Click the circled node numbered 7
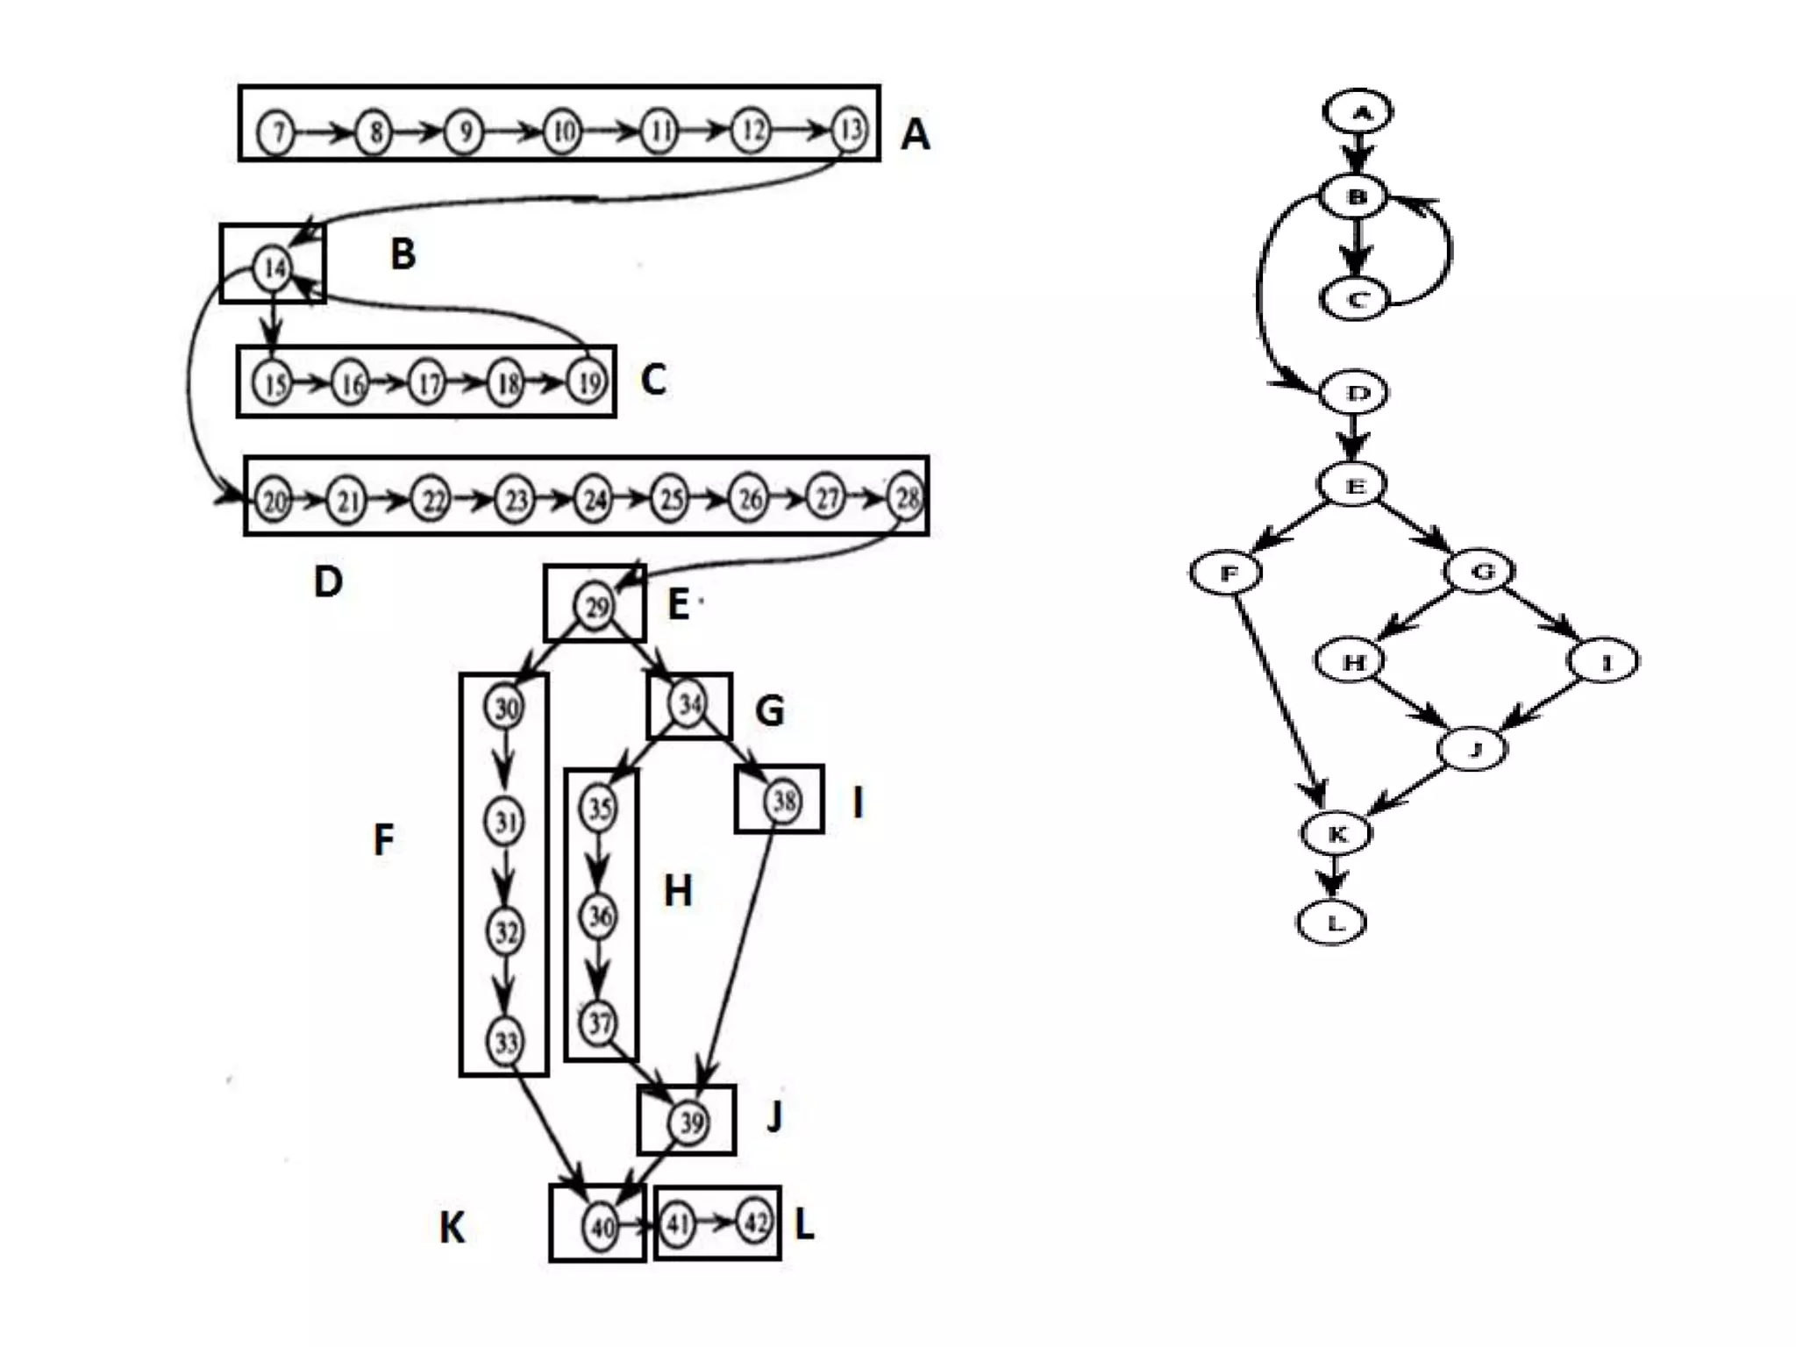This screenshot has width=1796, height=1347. [x=276, y=133]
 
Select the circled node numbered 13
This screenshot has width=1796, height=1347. [x=849, y=131]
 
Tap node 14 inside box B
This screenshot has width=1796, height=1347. [x=273, y=267]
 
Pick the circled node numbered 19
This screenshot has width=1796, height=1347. [x=588, y=382]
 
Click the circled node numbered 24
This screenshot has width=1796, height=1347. [x=594, y=500]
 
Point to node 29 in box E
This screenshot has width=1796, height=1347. [x=595, y=606]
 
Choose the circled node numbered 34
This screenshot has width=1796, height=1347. [x=688, y=704]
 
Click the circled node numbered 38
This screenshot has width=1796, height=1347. [x=782, y=800]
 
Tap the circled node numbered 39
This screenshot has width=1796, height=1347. [x=690, y=1122]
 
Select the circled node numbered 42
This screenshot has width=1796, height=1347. [x=755, y=1222]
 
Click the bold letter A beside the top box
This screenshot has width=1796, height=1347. [x=915, y=135]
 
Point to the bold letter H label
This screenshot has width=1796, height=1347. [x=678, y=891]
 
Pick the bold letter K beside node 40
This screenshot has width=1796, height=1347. [x=452, y=1228]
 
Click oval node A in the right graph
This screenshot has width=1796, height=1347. [x=1358, y=112]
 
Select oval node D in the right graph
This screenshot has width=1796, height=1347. [x=1356, y=393]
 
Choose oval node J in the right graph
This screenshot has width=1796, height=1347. [x=1473, y=749]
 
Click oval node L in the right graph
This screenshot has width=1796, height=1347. [x=1332, y=923]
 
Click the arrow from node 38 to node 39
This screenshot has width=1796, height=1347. [x=738, y=956]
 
